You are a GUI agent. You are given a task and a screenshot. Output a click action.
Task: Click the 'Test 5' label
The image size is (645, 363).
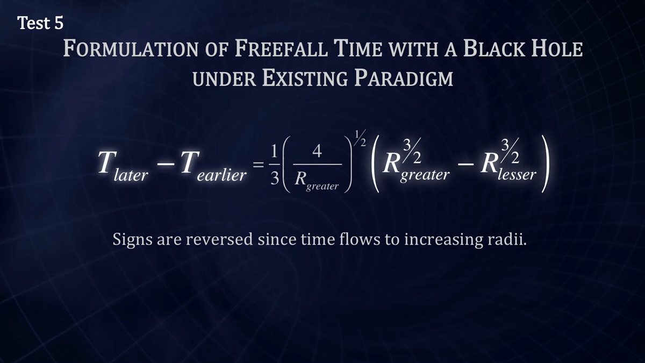40,23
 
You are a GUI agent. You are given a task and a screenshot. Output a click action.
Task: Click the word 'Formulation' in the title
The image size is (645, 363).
131,48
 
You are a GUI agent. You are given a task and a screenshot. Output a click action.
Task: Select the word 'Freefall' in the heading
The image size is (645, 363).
281,48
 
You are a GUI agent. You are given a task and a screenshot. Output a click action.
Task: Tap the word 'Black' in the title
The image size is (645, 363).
494,48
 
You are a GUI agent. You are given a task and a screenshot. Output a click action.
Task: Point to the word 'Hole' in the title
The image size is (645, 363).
557,48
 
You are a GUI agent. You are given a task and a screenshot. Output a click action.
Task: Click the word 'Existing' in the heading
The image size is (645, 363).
305,78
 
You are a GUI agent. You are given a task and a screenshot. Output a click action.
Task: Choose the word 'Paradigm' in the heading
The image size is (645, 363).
404,78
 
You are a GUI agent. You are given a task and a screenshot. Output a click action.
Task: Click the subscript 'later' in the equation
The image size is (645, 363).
131,175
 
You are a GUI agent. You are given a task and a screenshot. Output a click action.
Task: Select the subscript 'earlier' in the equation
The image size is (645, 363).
221,175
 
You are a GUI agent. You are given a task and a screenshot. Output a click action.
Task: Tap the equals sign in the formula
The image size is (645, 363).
259,165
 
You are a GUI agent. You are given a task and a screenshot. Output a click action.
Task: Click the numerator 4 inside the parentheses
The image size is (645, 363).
317,151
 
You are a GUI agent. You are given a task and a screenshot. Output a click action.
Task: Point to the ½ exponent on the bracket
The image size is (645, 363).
360,139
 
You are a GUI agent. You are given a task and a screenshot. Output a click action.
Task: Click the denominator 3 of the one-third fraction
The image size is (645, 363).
275,179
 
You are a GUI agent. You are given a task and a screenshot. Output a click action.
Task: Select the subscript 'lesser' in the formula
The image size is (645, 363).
517,174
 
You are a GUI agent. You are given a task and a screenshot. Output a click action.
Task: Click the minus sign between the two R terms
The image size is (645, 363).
465,165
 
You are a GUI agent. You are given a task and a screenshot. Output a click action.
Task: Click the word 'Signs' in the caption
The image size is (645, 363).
132,240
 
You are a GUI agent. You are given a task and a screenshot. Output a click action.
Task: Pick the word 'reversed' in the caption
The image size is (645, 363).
219,239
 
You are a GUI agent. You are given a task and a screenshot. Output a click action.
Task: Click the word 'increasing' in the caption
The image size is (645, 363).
443,240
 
